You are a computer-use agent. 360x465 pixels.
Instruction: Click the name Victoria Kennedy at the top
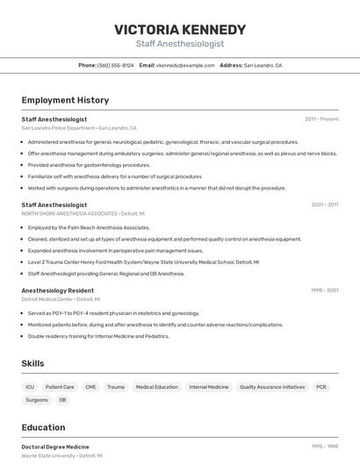(x=180, y=29)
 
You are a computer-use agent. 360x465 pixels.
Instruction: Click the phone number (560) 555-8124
(x=116, y=65)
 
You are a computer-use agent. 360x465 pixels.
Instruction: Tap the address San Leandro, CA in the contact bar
(x=263, y=65)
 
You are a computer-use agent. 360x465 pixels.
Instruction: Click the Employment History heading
(x=65, y=100)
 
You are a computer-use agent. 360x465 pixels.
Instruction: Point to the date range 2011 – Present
(x=321, y=118)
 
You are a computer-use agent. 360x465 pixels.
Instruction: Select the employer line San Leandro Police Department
(x=78, y=127)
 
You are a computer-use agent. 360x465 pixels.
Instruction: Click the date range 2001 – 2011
(x=324, y=204)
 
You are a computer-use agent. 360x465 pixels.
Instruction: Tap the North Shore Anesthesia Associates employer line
(x=83, y=213)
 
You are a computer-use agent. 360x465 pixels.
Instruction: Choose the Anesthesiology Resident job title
(x=57, y=290)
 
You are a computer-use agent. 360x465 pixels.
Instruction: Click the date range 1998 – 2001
(x=324, y=290)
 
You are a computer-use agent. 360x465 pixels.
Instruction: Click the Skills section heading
(x=32, y=363)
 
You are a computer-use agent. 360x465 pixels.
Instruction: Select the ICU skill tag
(x=30, y=386)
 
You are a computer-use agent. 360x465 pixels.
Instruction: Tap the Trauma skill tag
(x=115, y=386)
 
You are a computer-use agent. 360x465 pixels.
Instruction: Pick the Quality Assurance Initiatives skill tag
(x=272, y=386)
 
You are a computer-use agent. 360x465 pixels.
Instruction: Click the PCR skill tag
(x=321, y=386)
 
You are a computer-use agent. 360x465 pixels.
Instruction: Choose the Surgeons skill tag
(x=37, y=400)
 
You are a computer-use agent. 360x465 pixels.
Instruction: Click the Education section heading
(x=43, y=427)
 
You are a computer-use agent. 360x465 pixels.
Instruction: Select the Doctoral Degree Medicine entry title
(x=55, y=447)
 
